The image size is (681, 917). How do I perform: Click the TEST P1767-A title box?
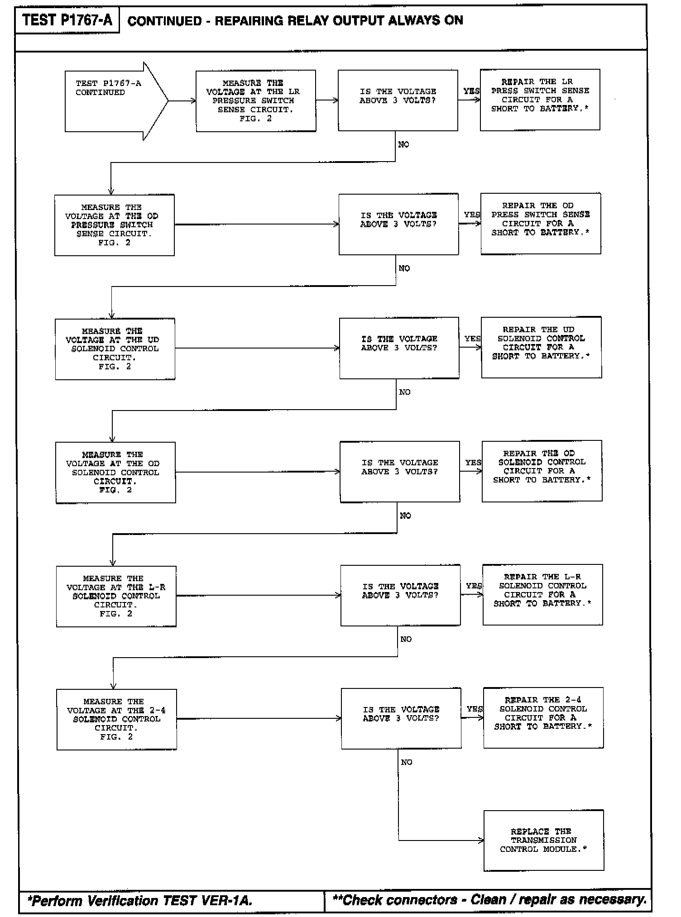(x=67, y=20)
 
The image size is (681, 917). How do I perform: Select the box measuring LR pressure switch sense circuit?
(x=256, y=101)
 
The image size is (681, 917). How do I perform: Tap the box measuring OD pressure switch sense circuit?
(x=114, y=225)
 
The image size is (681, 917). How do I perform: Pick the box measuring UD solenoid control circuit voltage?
(x=115, y=349)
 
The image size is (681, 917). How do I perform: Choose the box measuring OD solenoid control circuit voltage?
(x=115, y=472)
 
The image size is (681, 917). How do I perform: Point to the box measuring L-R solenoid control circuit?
(x=116, y=596)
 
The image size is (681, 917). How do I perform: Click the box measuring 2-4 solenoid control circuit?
(x=116, y=719)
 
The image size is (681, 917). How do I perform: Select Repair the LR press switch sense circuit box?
(x=540, y=100)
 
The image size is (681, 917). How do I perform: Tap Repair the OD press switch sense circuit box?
(x=541, y=224)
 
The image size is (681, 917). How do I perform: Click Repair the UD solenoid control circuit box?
(x=542, y=347)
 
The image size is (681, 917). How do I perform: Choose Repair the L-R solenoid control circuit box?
(x=542, y=594)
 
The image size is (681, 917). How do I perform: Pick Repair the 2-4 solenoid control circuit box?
(x=543, y=717)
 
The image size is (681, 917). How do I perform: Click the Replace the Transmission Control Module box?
(x=543, y=841)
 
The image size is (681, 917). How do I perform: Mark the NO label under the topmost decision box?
(x=403, y=144)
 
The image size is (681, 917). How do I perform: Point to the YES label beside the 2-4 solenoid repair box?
(x=475, y=709)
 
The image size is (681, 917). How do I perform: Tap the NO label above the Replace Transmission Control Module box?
(x=407, y=762)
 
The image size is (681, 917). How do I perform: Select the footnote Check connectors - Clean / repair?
(x=489, y=900)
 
